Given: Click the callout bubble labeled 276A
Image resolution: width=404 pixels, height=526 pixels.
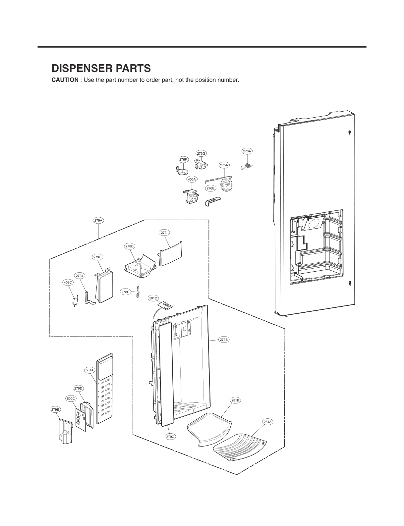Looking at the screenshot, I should (x=247, y=151).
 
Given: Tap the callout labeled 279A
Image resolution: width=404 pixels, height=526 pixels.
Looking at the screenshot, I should (x=98, y=220).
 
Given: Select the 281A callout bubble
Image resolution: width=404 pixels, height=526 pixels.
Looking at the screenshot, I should (x=267, y=422).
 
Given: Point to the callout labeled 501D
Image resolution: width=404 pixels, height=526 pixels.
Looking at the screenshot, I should (x=153, y=298).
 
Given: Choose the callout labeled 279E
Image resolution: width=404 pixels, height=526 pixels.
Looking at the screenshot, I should (x=55, y=409).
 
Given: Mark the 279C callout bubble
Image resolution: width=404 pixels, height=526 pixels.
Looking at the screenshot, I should (x=170, y=437).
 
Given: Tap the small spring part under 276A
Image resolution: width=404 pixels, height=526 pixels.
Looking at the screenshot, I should (x=247, y=166).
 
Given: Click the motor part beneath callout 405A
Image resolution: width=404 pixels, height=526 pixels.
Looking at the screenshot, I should (x=190, y=196).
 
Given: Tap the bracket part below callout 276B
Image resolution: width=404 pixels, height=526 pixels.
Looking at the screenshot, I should (x=212, y=201).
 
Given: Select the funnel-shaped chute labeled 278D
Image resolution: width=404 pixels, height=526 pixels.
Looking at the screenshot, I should (x=141, y=266).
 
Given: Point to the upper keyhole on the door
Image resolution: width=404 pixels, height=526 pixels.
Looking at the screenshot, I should (x=350, y=133).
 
